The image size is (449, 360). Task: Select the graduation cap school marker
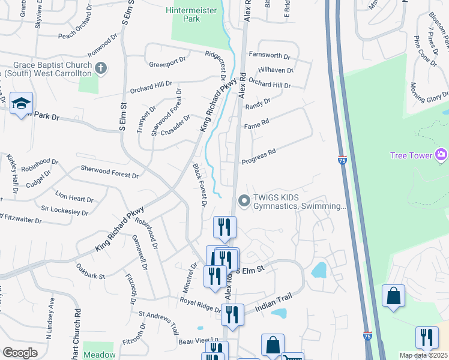pyautogui.click(x=21, y=103)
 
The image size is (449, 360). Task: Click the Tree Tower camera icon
pyautogui.click(x=442, y=155)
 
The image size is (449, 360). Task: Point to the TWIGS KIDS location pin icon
pyautogui.click(x=244, y=201)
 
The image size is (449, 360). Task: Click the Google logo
pyautogui.click(x=20, y=353)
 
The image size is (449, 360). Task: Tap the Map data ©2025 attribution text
pyautogui.click(x=423, y=355)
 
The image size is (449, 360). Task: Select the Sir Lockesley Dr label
pyautogui.click(x=64, y=210)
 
